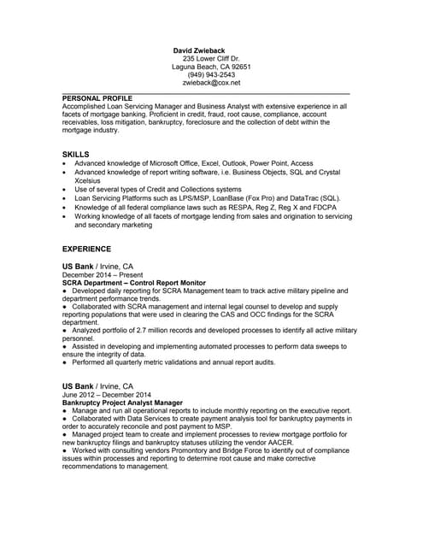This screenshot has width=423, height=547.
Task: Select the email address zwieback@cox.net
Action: coord(211,83)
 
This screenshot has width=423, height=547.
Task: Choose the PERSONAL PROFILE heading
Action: coord(97,97)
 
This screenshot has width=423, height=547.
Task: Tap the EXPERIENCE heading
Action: coord(88,249)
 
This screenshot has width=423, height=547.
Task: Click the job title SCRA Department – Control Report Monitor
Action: coord(134,282)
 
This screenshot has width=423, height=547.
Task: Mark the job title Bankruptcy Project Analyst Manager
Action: coord(123,402)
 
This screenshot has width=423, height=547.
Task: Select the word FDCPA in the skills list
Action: coord(320,207)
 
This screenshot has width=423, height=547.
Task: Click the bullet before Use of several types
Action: coord(65,189)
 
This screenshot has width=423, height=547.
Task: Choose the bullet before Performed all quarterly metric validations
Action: coord(65,362)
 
